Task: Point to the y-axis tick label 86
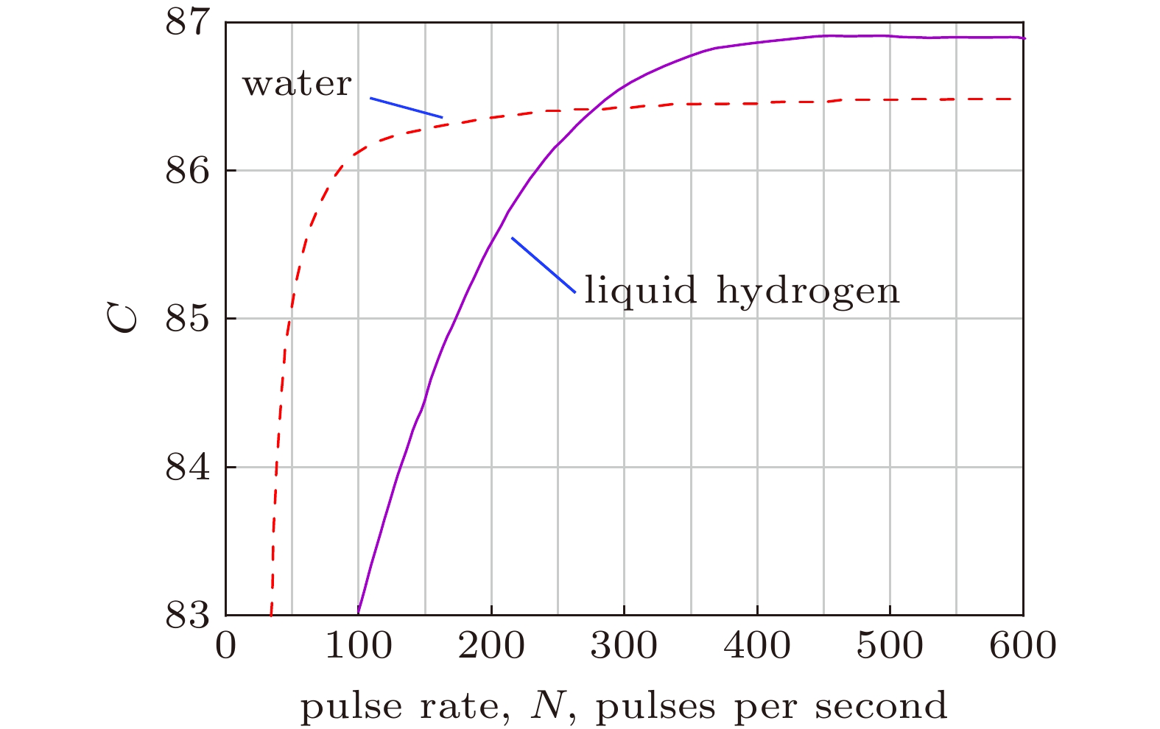click(x=187, y=170)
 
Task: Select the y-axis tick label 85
click(x=187, y=319)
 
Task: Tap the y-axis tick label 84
click(x=187, y=468)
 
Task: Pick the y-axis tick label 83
click(x=187, y=616)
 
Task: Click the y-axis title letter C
click(x=124, y=319)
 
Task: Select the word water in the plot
click(x=298, y=84)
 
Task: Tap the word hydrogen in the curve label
click(x=808, y=291)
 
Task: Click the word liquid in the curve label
click(x=640, y=291)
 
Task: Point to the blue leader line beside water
click(x=406, y=108)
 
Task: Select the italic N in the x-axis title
click(x=546, y=705)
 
